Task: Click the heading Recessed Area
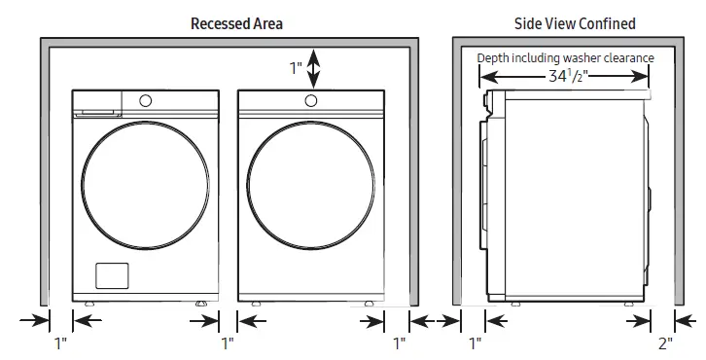tap(229, 22)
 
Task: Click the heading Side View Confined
tap(575, 22)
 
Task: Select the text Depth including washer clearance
tap(565, 58)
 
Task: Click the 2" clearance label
tap(664, 342)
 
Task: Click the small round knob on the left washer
tap(146, 99)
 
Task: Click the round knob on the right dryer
tap(311, 99)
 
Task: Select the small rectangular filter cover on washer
tap(112, 275)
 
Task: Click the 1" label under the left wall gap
tap(60, 342)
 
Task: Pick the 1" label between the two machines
tap(228, 342)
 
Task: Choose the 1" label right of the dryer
tap(399, 342)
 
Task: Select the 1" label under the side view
tap(476, 342)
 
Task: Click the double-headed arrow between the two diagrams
tap(435, 319)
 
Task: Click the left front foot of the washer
tap(90, 305)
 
